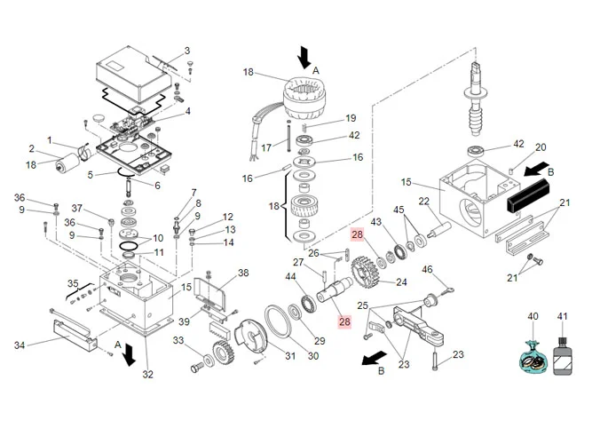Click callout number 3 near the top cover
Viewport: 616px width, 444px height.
(x=187, y=51)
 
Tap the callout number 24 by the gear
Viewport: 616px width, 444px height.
(x=401, y=282)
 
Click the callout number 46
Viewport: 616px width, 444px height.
(x=427, y=269)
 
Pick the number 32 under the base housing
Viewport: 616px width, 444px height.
(x=148, y=374)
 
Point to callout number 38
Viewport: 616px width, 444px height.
(x=243, y=273)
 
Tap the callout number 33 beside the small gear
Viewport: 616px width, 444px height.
(x=178, y=341)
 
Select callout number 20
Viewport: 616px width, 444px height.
(x=541, y=147)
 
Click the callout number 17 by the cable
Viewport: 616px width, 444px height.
(x=266, y=147)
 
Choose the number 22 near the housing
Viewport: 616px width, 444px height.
(x=424, y=201)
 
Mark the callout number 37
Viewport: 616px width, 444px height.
(x=77, y=209)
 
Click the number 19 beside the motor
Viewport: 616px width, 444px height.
(x=351, y=118)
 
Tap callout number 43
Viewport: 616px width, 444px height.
(x=375, y=221)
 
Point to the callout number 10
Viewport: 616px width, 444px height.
(x=158, y=238)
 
